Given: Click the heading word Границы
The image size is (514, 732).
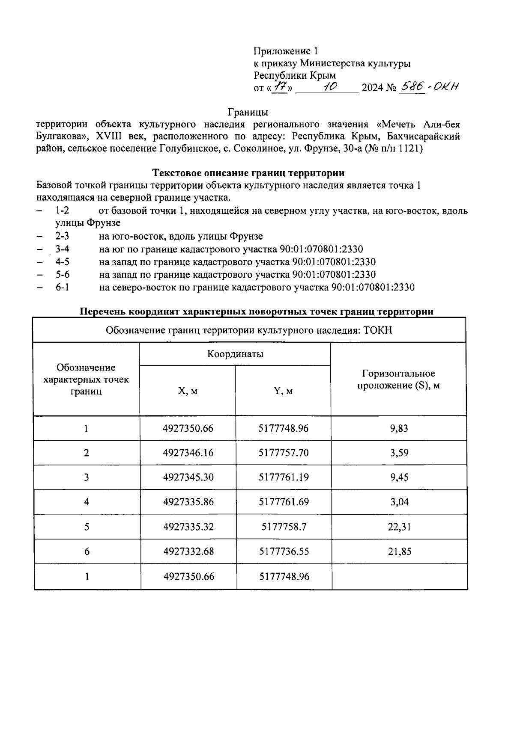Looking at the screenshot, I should pyautogui.click(x=248, y=113).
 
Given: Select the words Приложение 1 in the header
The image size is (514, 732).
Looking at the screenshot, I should pyautogui.click(x=286, y=51).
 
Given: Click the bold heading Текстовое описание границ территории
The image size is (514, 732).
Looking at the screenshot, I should pyautogui.click(x=248, y=173).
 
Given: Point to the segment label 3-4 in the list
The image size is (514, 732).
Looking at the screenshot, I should pyautogui.click(x=63, y=249).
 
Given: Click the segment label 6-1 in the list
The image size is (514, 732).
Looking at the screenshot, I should pyautogui.click(x=63, y=287).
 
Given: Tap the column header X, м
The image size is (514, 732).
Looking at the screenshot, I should pyautogui.click(x=188, y=391).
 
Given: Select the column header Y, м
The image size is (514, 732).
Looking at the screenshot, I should pyautogui.click(x=283, y=391).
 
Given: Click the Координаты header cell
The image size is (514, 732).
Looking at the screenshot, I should pyautogui.click(x=235, y=354).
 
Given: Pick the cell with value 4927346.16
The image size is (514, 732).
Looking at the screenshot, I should pyautogui.click(x=188, y=453).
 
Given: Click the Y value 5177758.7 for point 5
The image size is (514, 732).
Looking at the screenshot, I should pyautogui.click(x=284, y=527).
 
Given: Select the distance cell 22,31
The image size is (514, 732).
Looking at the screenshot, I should pyautogui.click(x=399, y=527).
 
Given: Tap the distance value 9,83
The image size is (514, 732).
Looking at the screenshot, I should pyautogui.click(x=399, y=428).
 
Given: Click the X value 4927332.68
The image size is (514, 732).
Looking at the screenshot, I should pyautogui.click(x=188, y=551).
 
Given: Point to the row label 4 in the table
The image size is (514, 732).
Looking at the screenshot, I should pyautogui.click(x=87, y=502).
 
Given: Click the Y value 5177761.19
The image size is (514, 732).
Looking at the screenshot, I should pyautogui.click(x=284, y=477).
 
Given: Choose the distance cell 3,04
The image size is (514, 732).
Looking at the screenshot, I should pyautogui.click(x=399, y=502).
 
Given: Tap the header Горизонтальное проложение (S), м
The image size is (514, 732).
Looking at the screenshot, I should pyautogui.click(x=399, y=379).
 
